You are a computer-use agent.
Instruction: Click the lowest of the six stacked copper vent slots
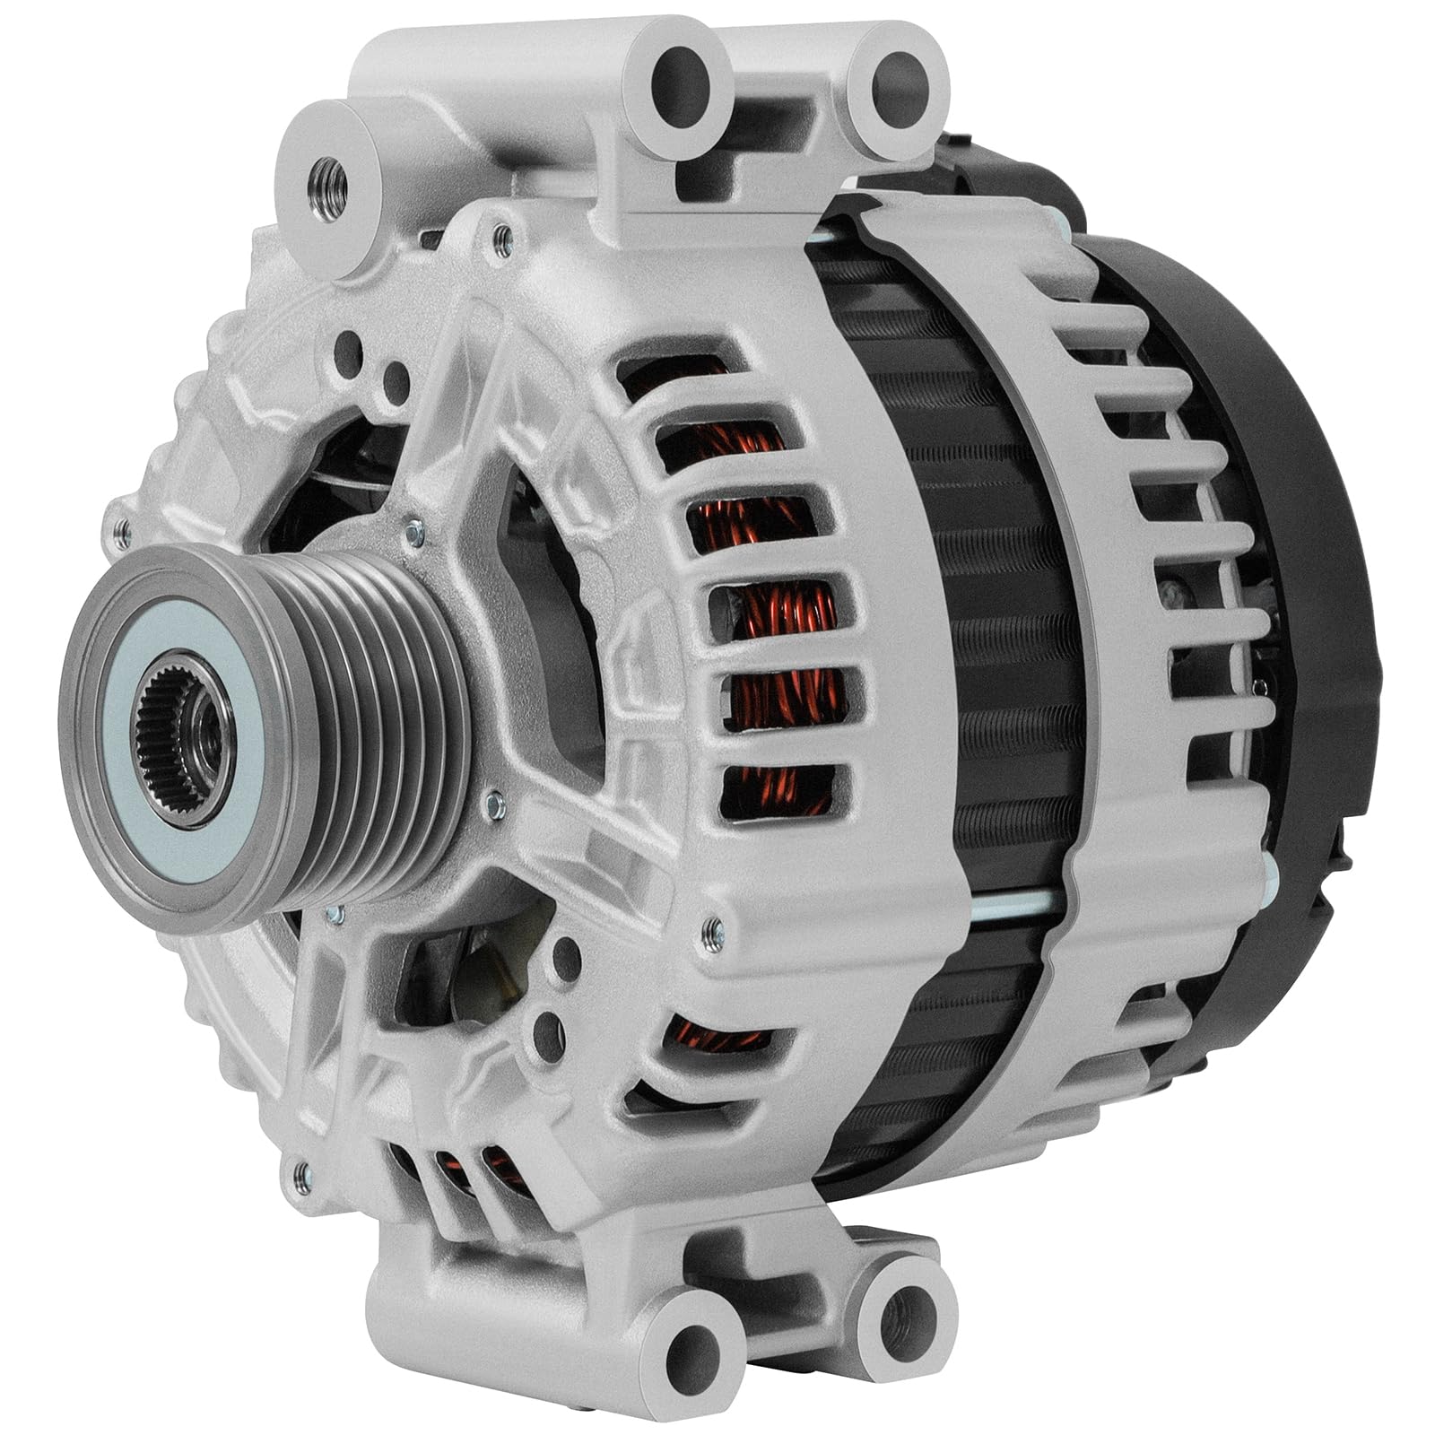[x=771, y=789]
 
